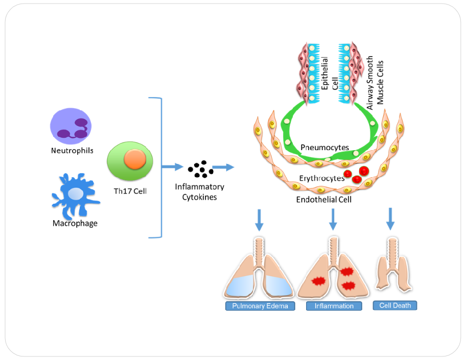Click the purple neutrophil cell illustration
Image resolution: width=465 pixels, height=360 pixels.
(x=71, y=127)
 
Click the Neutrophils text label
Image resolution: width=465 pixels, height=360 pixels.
(x=72, y=151)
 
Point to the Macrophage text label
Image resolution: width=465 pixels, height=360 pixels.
(x=75, y=223)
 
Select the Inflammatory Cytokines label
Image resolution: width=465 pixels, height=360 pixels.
(x=199, y=192)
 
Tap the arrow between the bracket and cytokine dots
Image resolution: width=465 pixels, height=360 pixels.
(x=172, y=166)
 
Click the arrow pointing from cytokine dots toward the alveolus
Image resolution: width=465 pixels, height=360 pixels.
(x=223, y=167)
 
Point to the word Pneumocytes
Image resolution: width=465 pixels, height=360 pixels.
(x=324, y=148)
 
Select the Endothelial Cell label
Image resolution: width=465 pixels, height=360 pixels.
(x=324, y=199)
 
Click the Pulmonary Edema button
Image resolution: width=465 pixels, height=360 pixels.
(x=261, y=306)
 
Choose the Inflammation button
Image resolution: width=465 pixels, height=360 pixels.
(x=334, y=306)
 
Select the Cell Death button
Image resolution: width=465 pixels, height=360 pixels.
(x=395, y=305)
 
